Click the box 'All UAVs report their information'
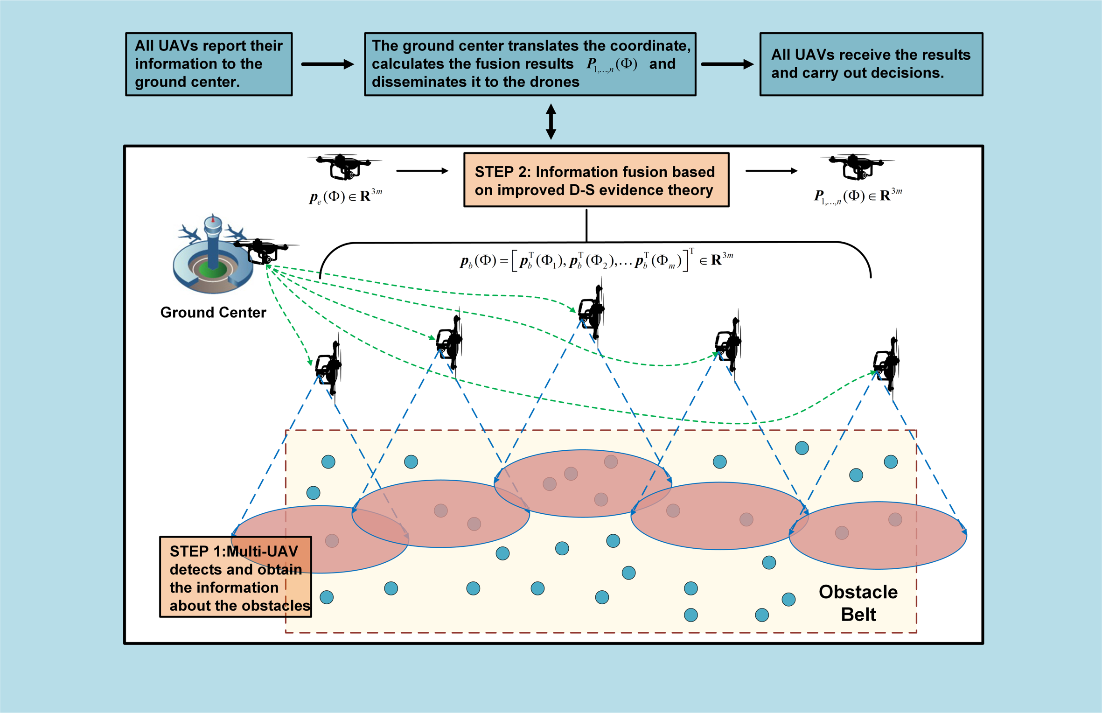coord(209,64)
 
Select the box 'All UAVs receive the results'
coord(871,64)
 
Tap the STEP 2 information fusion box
coord(596,180)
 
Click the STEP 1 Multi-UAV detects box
coord(235,577)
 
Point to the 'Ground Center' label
coord(213,312)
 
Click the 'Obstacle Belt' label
coord(858,603)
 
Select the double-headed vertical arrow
coord(551,121)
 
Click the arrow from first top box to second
coord(328,64)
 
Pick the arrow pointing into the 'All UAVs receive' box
coord(727,64)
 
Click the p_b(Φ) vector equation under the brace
coord(596,260)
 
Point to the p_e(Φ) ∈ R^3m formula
coord(345,196)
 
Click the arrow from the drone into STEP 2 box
coord(422,171)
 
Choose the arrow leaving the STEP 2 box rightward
coord(771,171)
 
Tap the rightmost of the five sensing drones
coord(886,362)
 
